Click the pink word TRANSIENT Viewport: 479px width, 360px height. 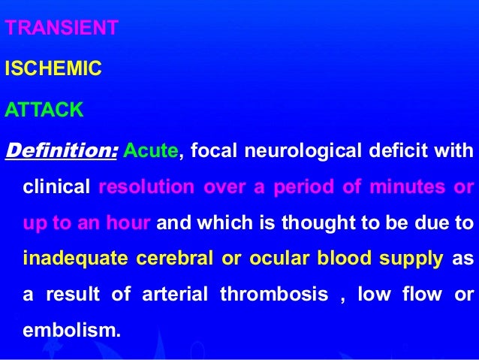(62, 29)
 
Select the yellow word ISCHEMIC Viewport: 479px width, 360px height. (53, 70)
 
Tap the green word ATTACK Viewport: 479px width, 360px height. (44, 111)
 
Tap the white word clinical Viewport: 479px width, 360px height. (57, 186)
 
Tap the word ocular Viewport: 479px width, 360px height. (283, 259)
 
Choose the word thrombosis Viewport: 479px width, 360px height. (274, 295)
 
